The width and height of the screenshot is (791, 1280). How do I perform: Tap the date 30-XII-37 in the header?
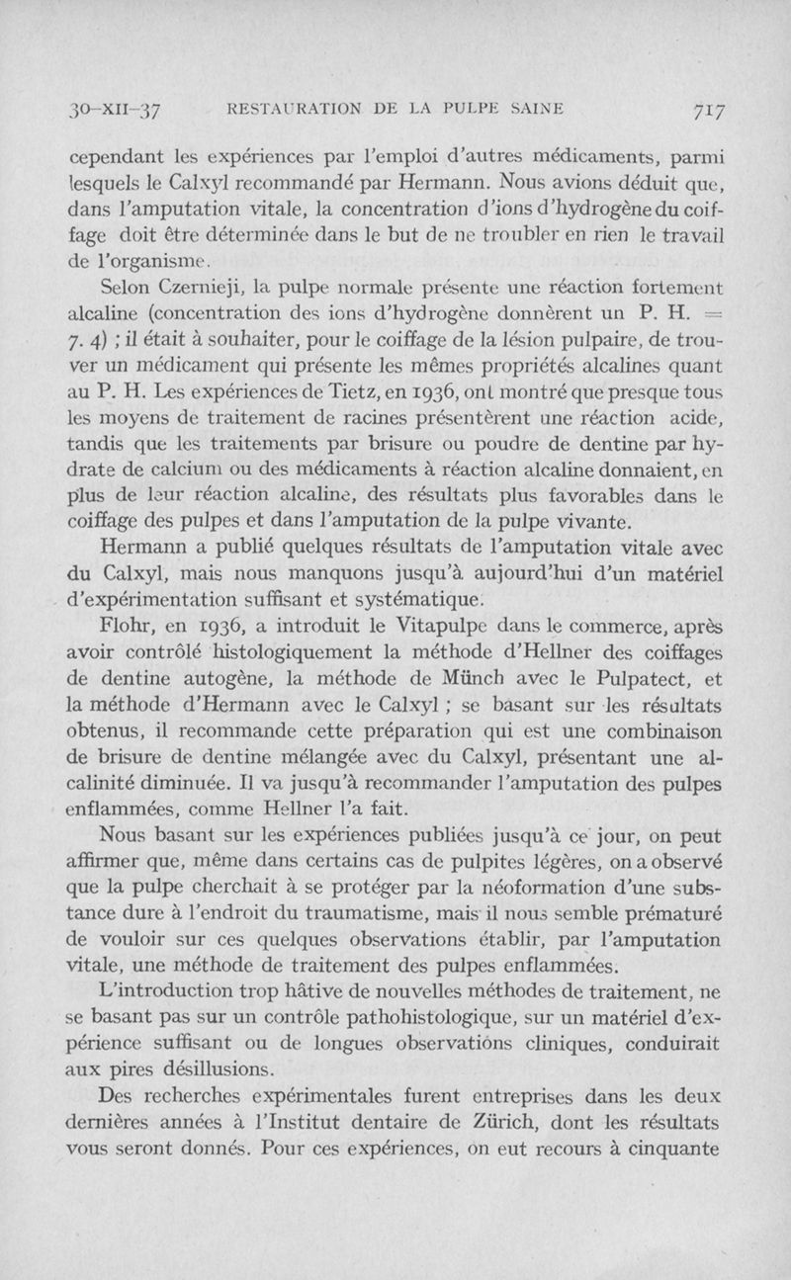click(x=98, y=110)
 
